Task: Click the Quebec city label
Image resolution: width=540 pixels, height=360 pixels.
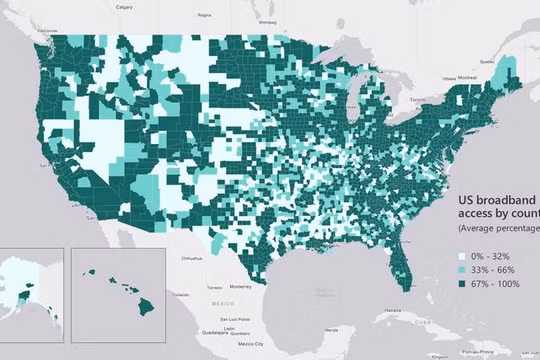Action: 487,60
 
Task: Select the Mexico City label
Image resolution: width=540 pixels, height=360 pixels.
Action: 236,343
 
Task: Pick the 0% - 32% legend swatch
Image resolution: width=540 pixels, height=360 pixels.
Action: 462,256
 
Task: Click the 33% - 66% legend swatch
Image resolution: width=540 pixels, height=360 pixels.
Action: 462,270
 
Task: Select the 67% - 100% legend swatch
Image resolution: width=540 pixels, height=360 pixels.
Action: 462,285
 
